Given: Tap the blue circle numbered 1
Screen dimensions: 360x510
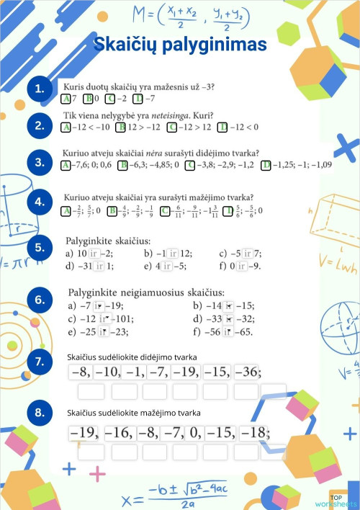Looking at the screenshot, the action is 40,89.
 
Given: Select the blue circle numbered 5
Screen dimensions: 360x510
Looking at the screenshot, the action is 40,248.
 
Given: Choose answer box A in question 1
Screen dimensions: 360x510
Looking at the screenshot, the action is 66,99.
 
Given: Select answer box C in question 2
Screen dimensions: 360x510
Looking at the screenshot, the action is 172,128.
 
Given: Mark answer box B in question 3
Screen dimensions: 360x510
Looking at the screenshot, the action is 123,165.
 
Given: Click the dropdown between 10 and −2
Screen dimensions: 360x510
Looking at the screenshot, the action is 94,254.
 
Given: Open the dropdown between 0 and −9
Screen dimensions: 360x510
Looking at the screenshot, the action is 243,267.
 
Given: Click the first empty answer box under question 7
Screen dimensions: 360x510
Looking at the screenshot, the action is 91,391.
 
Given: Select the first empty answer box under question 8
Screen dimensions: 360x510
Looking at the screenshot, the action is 91,452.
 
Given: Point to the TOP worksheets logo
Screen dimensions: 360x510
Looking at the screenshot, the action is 344,500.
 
